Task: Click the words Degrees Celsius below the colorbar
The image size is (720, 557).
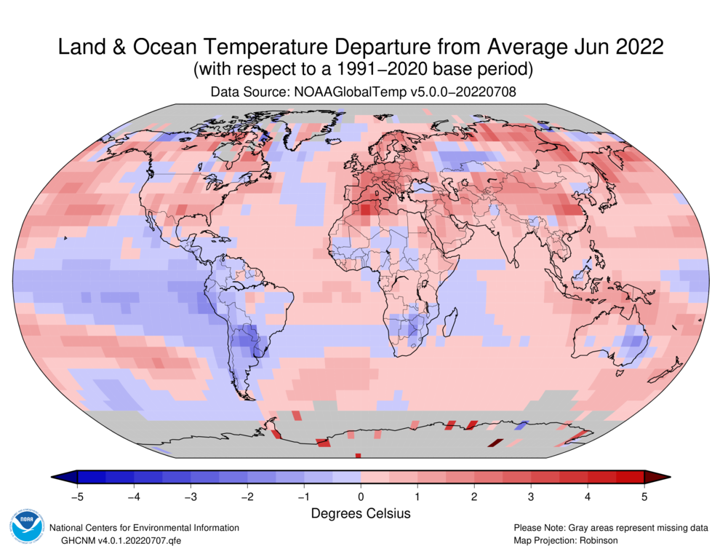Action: [361, 514]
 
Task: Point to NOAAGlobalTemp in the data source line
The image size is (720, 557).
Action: [342, 92]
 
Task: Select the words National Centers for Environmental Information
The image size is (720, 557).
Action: [144, 528]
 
